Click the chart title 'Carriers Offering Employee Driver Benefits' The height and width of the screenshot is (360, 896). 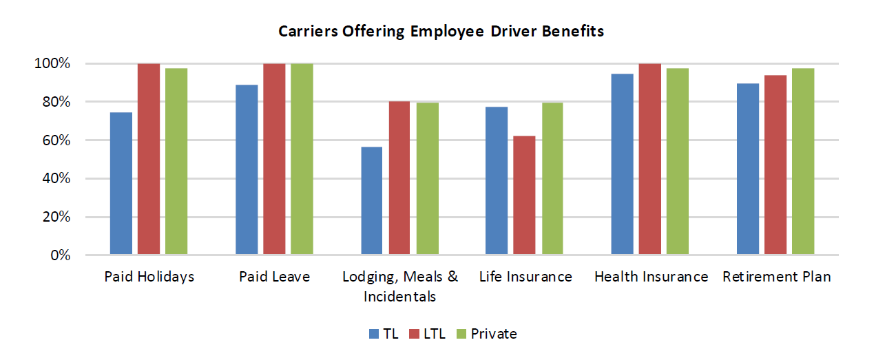click(441, 32)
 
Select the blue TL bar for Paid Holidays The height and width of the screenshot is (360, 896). click(121, 184)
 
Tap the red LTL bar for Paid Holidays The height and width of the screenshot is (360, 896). click(149, 160)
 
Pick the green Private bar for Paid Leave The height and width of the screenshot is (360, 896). click(302, 160)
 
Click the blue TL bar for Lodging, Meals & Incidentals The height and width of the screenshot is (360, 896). click(372, 201)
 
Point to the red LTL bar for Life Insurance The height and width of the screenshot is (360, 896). click(524, 196)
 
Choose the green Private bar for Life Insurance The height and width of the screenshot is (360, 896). click(552, 179)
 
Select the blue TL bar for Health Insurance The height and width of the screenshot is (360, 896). click(622, 165)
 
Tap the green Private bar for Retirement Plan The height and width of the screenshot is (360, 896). click(803, 162)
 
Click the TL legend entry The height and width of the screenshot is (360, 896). click(384, 334)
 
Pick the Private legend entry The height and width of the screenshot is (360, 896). click(486, 334)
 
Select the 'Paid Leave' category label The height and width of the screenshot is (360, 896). click(275, 277)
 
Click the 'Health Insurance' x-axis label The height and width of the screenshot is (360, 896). click(651, 277)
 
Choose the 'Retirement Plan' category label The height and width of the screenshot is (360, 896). click(776, 277)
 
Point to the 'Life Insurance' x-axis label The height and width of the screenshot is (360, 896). click(525, 277)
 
